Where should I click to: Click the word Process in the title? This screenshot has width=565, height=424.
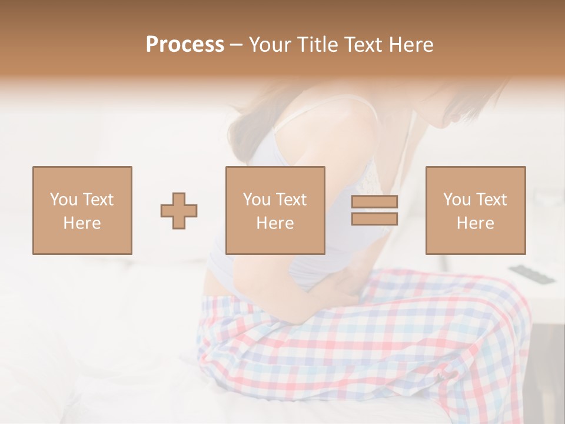click(x=185, y=45)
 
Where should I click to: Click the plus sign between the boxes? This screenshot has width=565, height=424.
click(x=179, y=210)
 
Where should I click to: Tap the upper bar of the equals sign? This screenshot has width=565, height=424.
click(x=374, y=201)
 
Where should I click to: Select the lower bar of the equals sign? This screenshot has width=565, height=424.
click(x=374, y=218)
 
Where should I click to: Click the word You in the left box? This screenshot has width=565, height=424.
click(x=63, y=200)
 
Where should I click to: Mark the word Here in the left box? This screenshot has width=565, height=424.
click(x=82, y=223)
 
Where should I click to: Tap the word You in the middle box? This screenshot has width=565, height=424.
click(x=257, y=200)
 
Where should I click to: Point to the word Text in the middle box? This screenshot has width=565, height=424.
click(x=291, y=200)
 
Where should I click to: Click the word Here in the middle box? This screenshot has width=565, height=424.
click(x=275, y=223)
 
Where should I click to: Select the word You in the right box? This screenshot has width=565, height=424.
click(x=457, y=200)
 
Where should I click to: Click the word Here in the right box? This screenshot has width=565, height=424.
click(x=476, y=223)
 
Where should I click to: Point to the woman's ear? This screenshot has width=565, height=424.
click(x=454, y=117)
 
